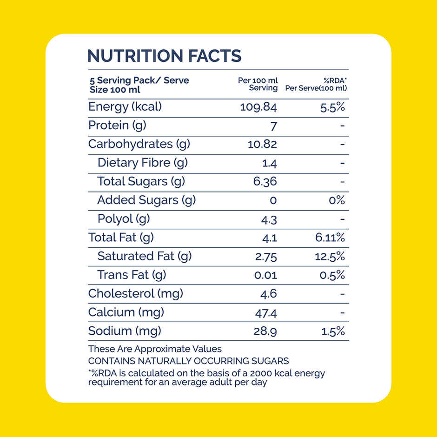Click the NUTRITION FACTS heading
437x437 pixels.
coord(165,56)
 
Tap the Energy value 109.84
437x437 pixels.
coord(258,107)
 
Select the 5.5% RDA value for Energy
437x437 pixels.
coord(332,107)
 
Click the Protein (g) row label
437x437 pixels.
coord(117,126)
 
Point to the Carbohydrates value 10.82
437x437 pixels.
coord(262,144)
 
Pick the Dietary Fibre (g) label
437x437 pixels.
coord(142,163)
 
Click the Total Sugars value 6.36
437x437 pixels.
coord(265,181)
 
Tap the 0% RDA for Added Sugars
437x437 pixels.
coord(337,200)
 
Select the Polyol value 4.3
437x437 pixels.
coord(269,220)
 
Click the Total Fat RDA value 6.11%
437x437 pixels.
coord(330,238)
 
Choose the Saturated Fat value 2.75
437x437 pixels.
coord(266,257)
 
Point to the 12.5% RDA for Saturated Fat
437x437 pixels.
coord(330,257)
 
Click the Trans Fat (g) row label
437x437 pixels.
coord(132,275)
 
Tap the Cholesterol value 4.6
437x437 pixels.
coord(268,294)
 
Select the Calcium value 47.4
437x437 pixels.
coord(266,313)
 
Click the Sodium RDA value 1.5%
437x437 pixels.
coord(333,331)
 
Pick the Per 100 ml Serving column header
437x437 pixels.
coord(258,84)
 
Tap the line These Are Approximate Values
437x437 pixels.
coord(155,349)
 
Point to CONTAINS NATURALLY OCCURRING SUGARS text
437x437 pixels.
coord(188,361)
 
